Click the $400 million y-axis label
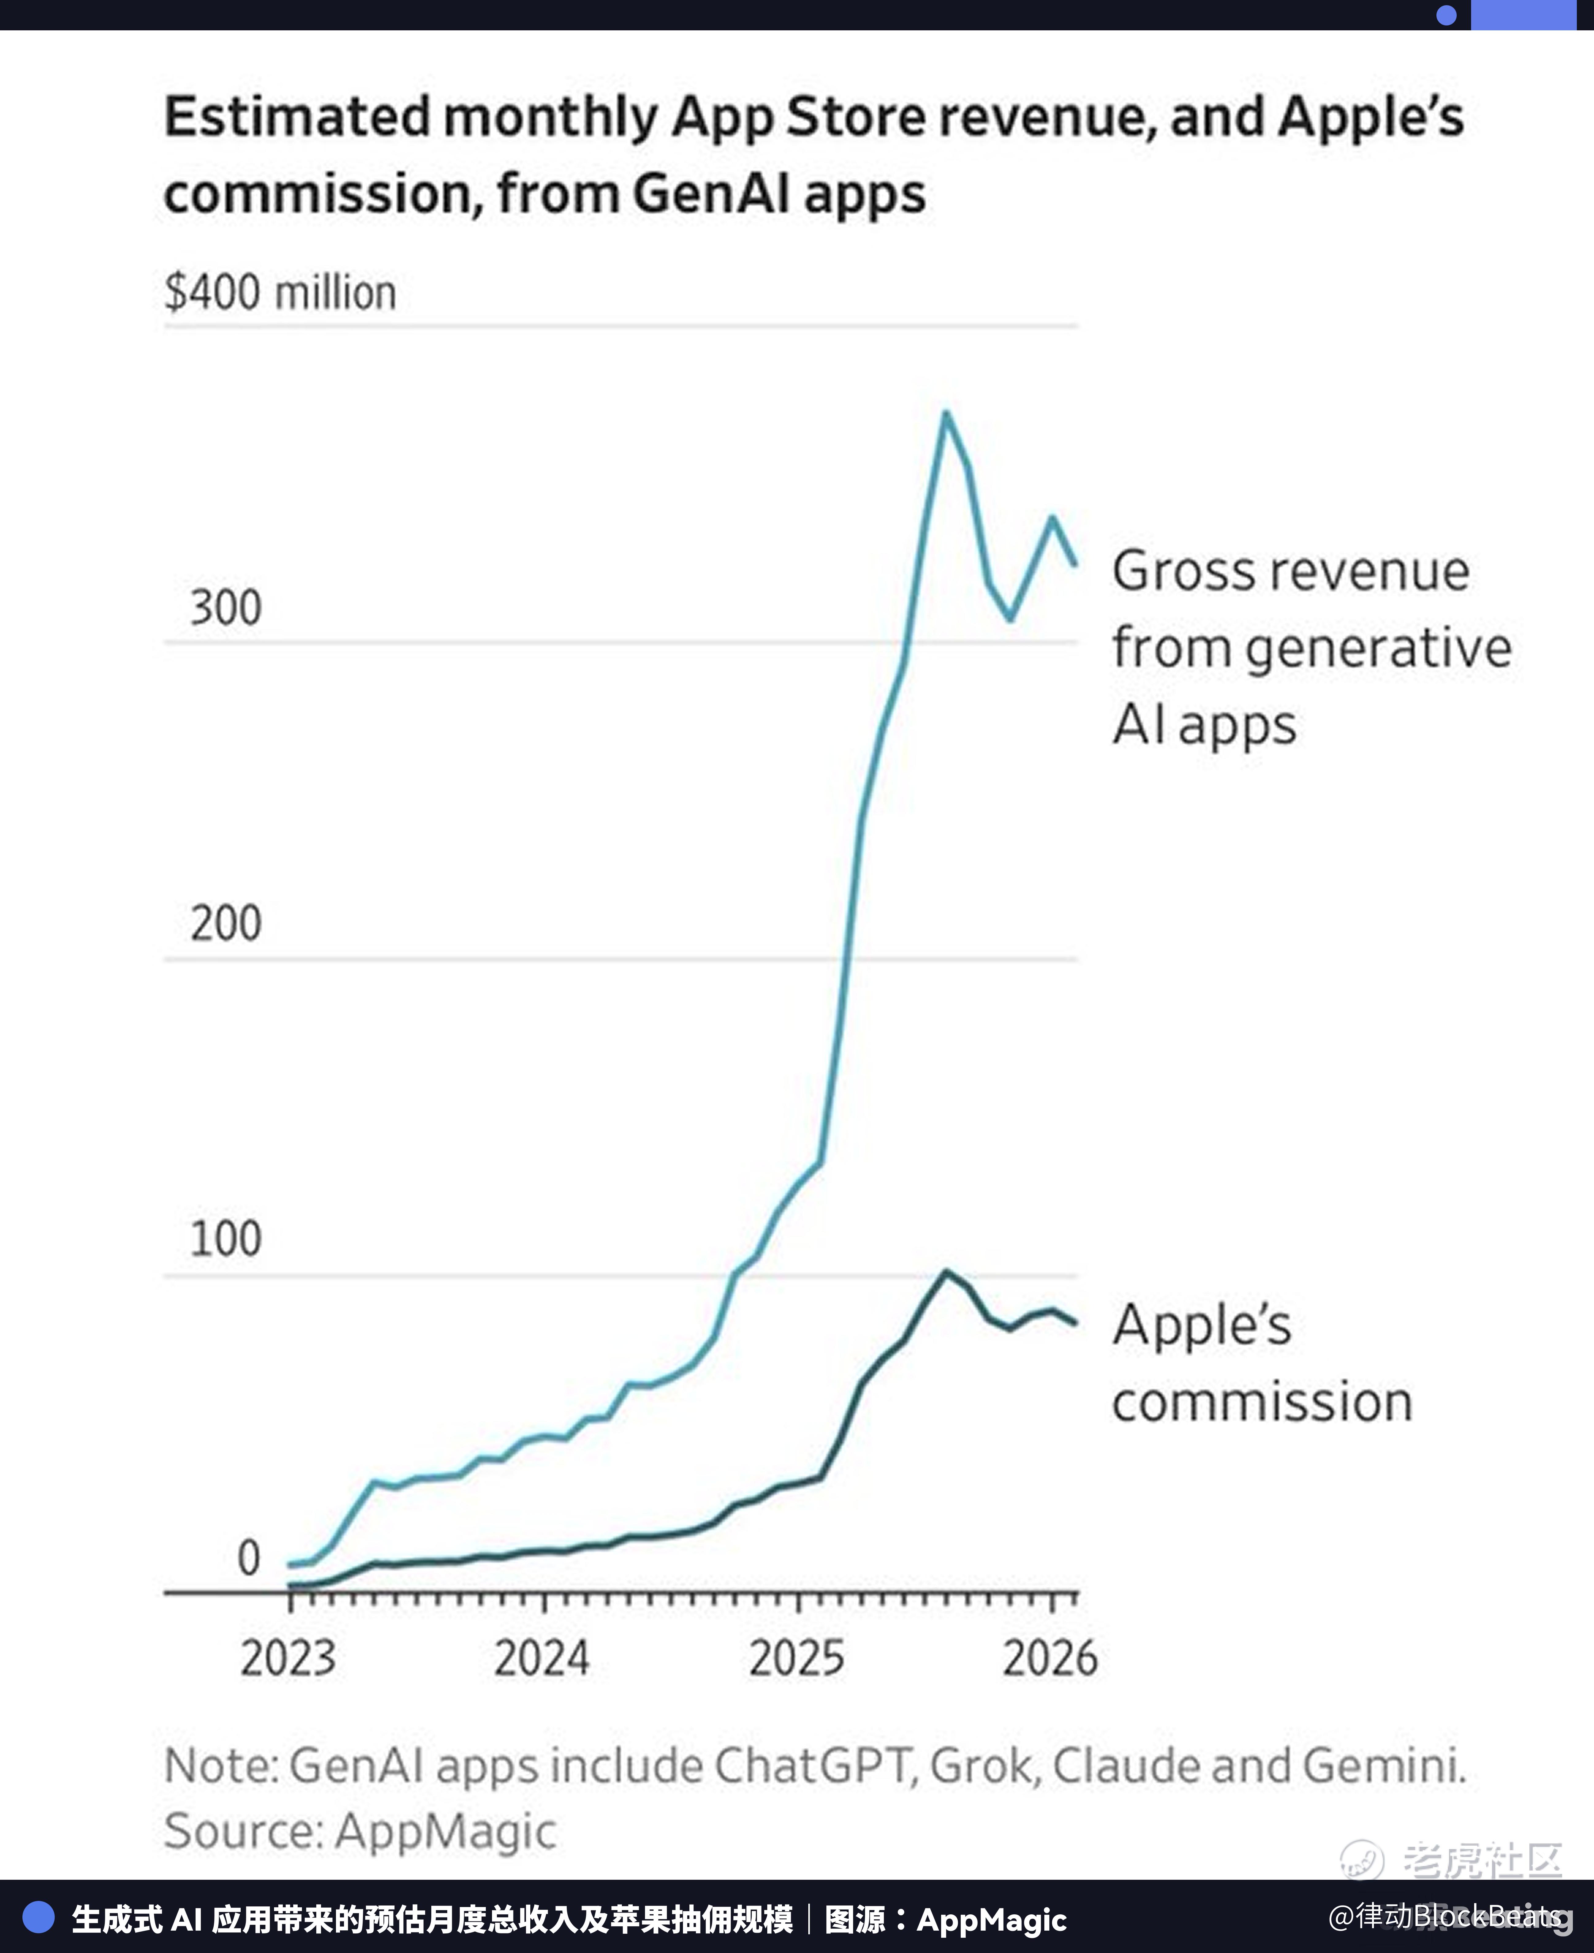[280, 293]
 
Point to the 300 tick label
[226, 608]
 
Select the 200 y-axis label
[226, 924]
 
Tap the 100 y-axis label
[226, 1239]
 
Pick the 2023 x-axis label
[288, 1658]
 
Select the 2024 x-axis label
[542, 1658]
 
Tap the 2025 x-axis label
[796, 1658]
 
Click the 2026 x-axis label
[1050, 1658]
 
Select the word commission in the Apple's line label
[1263, 1402]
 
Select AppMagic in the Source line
[445, 1831]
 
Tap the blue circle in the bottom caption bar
[39, 1917]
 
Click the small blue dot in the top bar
[1446, 15]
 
